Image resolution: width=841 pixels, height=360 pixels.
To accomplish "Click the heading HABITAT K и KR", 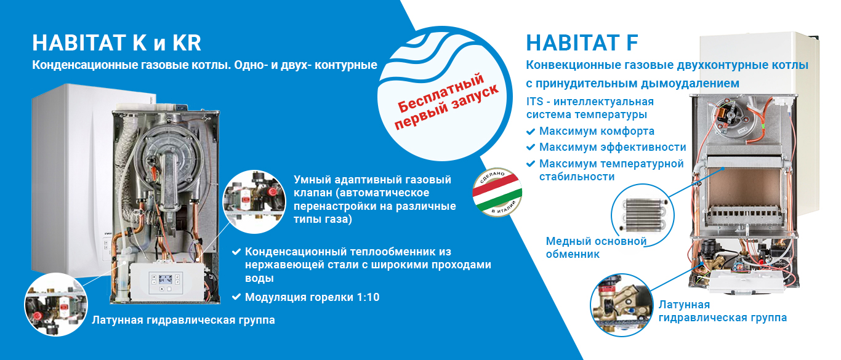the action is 117,43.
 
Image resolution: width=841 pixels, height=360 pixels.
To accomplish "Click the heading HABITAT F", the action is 582,43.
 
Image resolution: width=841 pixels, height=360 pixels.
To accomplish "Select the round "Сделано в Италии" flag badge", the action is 497,192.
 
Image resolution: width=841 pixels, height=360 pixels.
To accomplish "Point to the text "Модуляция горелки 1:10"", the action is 312,297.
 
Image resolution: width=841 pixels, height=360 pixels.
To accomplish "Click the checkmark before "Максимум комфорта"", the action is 531,132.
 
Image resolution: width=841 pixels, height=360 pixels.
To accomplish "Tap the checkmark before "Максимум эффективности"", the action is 531,147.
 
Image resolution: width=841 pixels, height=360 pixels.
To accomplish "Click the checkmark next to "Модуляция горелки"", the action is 236,297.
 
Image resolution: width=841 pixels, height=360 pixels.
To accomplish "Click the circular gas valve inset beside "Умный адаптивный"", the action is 254,202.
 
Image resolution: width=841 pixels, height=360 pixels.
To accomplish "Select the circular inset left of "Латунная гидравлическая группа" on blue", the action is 56,305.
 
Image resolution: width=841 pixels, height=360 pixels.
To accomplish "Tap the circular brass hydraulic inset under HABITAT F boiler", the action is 622,305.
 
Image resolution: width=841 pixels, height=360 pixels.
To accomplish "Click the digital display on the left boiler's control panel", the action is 165,279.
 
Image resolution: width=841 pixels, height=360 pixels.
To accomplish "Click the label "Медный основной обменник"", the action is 596,248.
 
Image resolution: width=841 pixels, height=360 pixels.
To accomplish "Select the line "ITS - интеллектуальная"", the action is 590,102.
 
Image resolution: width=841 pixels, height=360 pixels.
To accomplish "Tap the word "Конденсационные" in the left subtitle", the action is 85,65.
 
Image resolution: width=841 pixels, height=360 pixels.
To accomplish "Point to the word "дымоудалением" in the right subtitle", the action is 690,83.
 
